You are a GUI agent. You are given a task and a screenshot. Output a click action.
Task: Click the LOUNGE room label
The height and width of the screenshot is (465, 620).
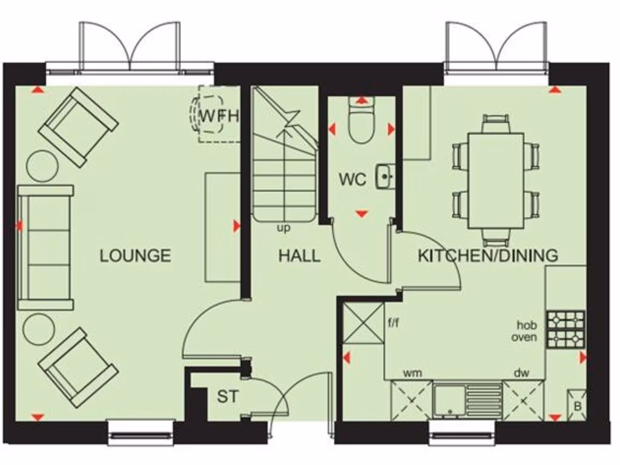tap(135, 256)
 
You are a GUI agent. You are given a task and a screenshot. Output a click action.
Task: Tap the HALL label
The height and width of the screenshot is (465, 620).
tap(299, 256)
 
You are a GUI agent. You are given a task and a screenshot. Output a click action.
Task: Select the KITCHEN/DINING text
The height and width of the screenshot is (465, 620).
tap(488, 256)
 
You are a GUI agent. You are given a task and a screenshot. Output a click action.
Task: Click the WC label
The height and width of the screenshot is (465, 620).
tap(352, 180)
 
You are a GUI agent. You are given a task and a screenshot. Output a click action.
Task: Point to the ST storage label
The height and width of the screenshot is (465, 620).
tap(228, 397)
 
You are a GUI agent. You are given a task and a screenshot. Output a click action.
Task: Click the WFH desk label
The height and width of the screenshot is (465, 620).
tap(219, 115)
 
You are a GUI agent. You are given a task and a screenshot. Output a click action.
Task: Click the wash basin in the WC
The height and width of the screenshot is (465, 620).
tap(385, 176)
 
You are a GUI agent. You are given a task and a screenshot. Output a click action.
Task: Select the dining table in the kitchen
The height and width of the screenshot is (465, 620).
tap(496, 180)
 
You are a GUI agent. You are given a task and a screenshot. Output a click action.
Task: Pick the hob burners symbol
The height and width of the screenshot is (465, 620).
tap(566, 329)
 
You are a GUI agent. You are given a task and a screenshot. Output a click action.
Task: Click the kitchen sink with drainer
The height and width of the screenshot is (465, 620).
tap(467, 400)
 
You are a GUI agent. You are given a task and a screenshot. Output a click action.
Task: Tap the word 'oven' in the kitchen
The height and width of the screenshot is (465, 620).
tap(524, 337)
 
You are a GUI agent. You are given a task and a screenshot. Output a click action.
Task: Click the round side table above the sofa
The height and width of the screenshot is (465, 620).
tap(42, 164)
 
